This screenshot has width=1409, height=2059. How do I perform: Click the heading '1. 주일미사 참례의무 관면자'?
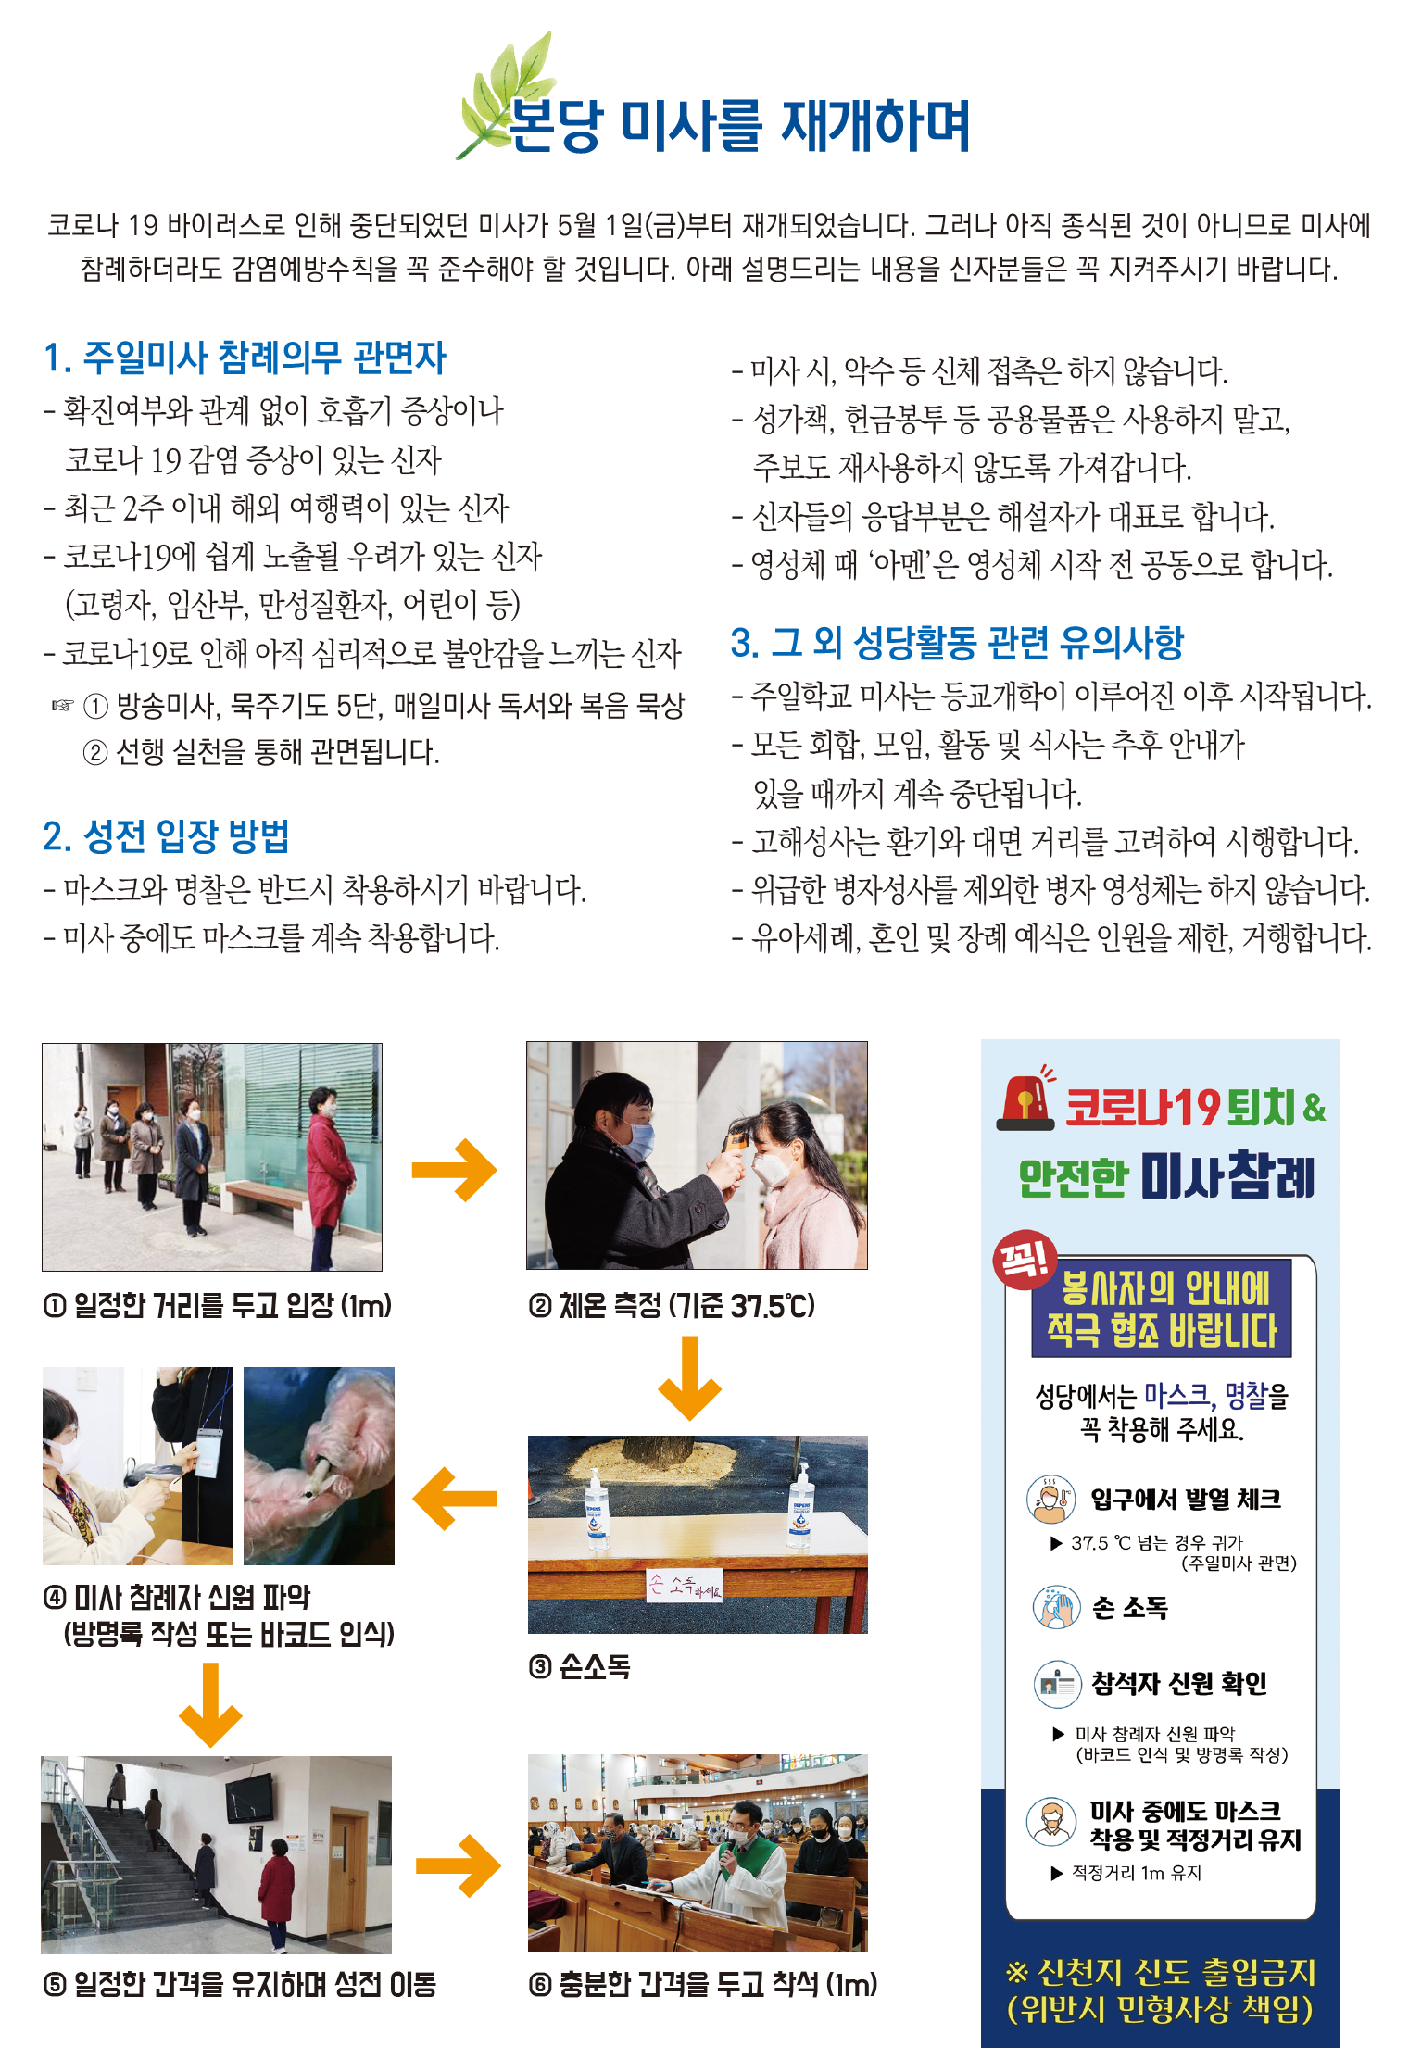point(245,358)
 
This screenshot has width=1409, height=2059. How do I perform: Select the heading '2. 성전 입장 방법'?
point(167,836)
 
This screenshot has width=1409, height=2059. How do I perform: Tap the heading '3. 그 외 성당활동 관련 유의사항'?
point(957,642)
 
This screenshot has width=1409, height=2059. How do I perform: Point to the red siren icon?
point(1026,1099)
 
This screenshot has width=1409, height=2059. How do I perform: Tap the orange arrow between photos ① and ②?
point(454,1170)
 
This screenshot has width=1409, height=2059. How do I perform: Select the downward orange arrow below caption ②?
point(689,1378)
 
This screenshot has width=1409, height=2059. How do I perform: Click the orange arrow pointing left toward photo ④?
point(455,1499)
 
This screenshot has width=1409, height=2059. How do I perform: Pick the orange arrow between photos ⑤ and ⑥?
point(458,1865)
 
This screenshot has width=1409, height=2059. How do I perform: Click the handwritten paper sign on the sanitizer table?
point(684,1585)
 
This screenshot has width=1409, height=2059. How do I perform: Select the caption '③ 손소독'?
point(580,1667)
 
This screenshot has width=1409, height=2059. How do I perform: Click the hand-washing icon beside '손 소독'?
point(1056,1607)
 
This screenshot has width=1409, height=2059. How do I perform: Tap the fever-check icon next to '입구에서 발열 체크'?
point(1050,1499)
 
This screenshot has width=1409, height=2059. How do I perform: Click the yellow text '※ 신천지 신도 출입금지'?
point(1161,1972)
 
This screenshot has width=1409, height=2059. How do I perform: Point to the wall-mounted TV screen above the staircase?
point(249,1797)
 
